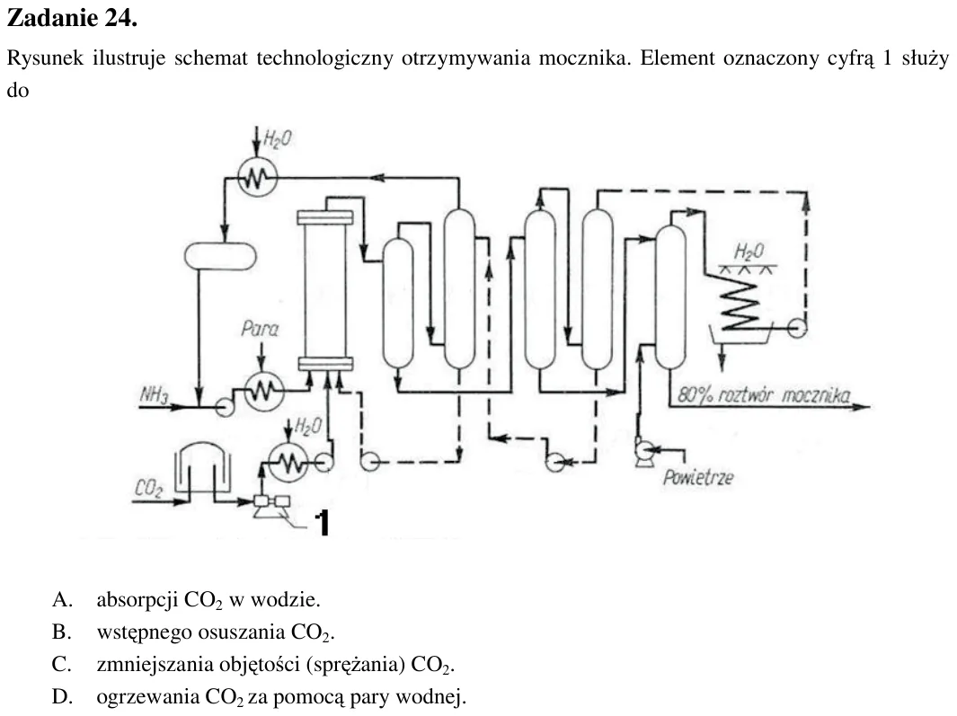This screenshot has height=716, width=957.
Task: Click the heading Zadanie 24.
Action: point(72,18)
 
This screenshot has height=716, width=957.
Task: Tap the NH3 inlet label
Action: point(154,395)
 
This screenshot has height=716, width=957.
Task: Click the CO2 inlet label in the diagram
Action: point(149,489)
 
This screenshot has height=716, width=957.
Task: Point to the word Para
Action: point(260,329)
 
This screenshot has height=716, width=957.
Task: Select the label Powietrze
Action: point(698,477)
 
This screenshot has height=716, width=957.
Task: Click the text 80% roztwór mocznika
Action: point(764,395)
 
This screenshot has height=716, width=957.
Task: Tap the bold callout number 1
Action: point(323,523)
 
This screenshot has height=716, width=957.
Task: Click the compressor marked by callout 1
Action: point(271,506)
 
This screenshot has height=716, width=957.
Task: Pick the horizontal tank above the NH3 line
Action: point(220,256)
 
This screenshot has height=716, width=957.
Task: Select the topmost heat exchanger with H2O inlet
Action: point(257,177)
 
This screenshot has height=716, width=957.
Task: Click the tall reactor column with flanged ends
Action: point(324,290)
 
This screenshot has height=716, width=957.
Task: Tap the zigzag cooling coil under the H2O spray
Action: point(740,302)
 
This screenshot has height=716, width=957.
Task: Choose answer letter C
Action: point(62,664)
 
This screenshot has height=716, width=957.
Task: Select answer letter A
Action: point(62,599)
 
